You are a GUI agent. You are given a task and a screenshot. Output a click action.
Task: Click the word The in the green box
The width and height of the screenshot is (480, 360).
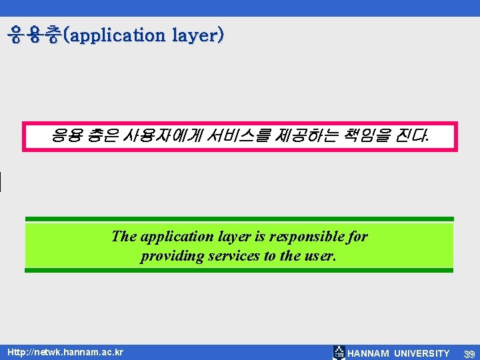click(124, 237)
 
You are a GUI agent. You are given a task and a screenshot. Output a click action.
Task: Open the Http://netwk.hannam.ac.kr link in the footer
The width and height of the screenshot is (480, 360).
click(65, 352)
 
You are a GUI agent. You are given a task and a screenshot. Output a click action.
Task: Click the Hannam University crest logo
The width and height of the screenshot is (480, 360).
click(339, 353)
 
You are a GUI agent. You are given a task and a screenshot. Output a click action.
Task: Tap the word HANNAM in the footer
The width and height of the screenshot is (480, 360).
click(369, 353)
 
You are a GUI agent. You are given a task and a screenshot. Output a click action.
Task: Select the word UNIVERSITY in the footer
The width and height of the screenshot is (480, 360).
click(422, 353)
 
